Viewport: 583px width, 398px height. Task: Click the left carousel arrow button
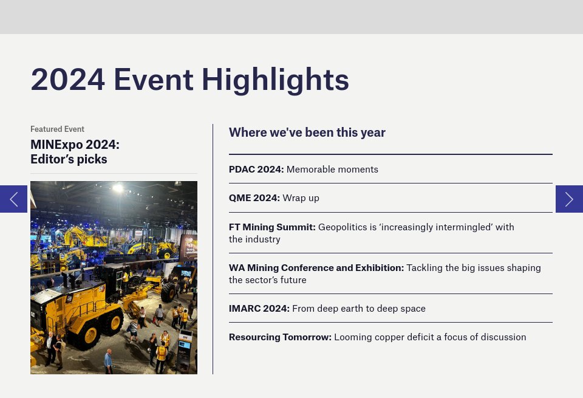pos(13,199)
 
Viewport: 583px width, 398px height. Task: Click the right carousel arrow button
pos(569,199)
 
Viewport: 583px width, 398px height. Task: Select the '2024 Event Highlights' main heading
pos(189,80)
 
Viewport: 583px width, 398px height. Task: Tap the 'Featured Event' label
pos(57,129)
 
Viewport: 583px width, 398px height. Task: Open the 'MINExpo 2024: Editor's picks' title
pos(75,152)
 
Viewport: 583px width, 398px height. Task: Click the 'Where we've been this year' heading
pos(307,132)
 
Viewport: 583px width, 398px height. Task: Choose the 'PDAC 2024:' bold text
pos(256,170)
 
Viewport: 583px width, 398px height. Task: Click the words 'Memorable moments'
pos(332,170)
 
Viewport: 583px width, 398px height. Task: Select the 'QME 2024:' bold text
pos(254,198)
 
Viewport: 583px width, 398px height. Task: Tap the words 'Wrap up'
pos(301,198)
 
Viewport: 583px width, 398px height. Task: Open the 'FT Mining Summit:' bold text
pos(272,227)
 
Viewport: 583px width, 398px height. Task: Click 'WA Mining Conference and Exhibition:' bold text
pos(316,268)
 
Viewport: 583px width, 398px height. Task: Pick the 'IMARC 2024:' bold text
pos(259,309)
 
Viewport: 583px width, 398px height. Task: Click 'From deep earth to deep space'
pos(359,309)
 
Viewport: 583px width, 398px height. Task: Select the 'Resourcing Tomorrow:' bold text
pos(280,337)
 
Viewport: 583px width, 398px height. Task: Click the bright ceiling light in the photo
pos(118,188)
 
